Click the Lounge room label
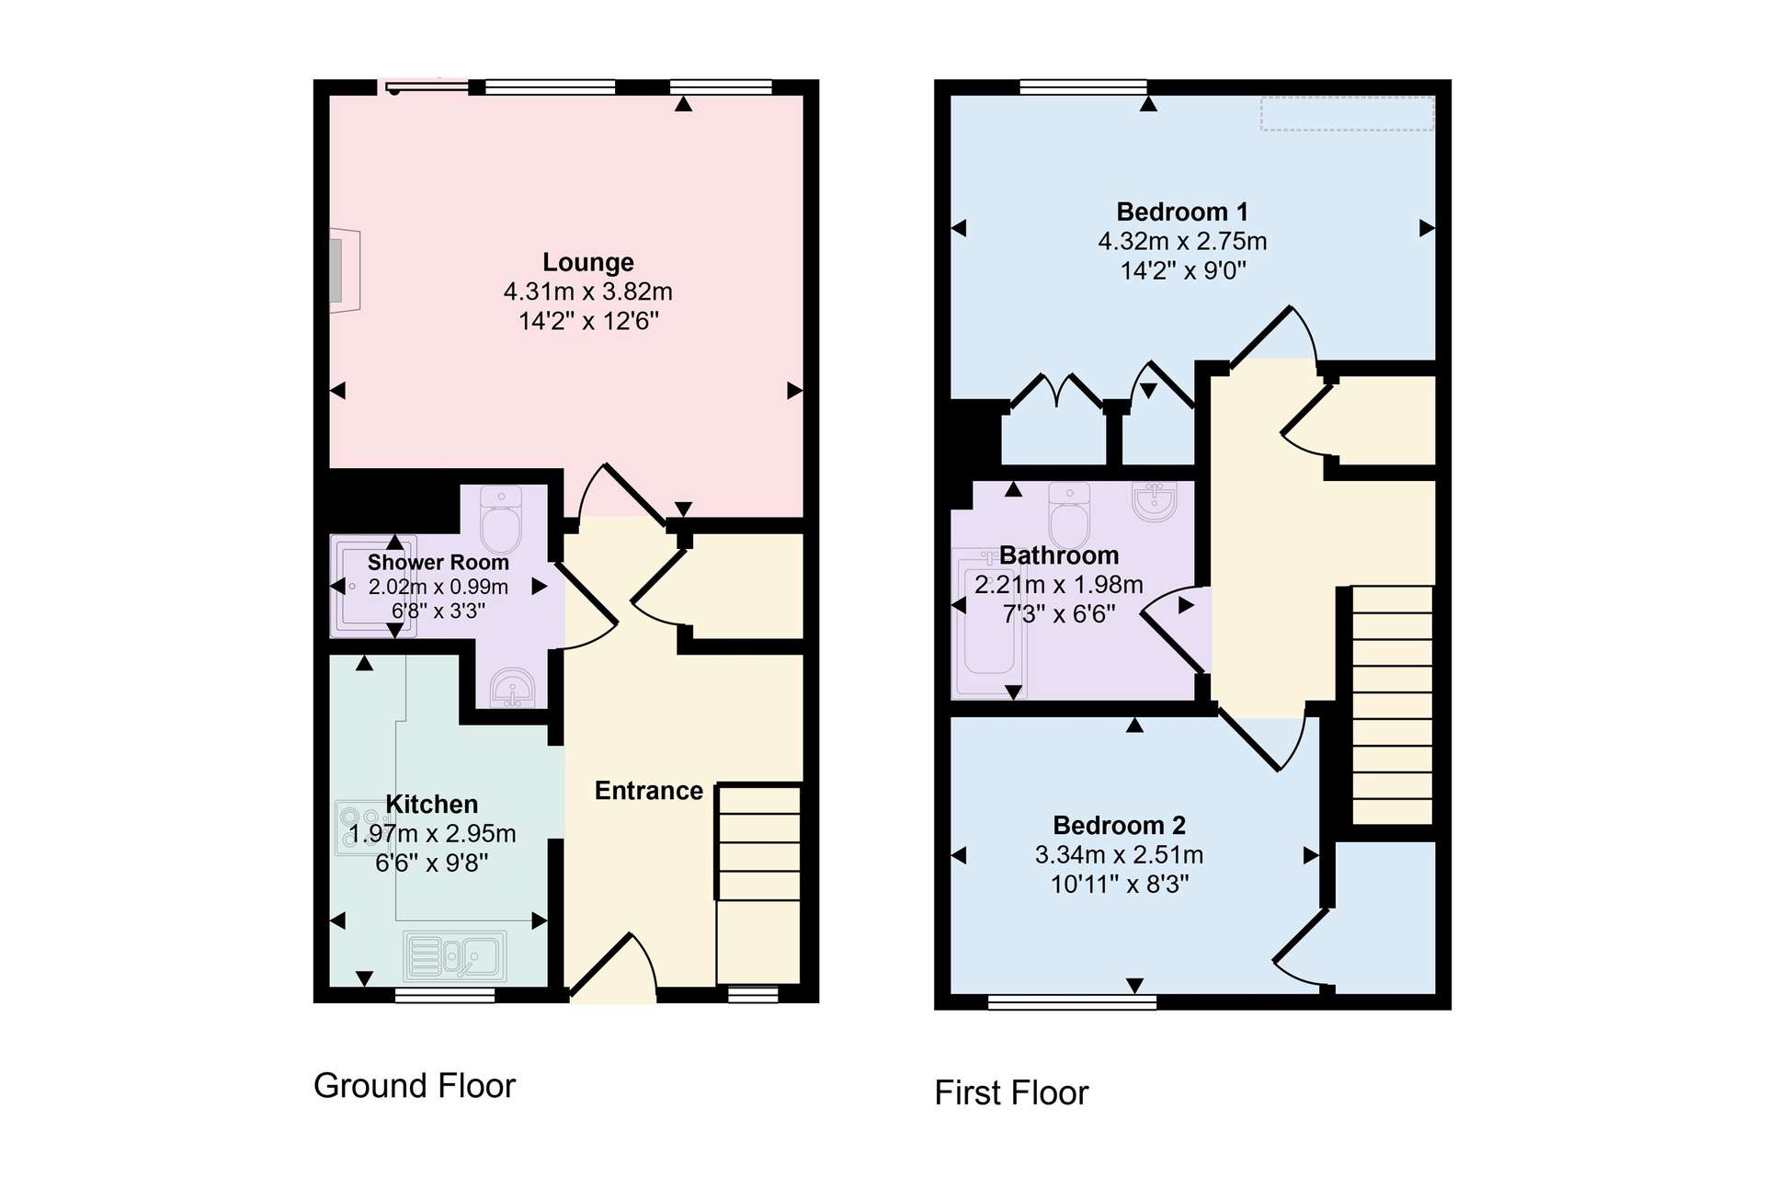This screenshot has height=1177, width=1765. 588,262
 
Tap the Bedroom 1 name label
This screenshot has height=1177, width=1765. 1182,211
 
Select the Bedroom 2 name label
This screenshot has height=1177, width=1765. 1119,825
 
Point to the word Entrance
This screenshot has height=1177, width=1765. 648,791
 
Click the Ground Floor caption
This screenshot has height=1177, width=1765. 415,1086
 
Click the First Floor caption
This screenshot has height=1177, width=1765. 1011,1093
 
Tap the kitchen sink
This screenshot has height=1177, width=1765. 455,955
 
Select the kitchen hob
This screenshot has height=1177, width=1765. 360,828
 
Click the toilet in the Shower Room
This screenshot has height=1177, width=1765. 501,520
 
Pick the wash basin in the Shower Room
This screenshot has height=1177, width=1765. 513,689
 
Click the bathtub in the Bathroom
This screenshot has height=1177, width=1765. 989,623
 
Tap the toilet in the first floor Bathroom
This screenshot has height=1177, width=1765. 1069,515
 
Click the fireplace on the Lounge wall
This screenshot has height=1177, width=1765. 345,270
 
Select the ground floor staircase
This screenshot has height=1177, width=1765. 759,884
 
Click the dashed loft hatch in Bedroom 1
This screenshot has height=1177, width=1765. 1347,114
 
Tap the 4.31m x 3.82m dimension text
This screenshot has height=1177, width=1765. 588,291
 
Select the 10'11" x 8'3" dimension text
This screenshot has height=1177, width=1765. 1120,884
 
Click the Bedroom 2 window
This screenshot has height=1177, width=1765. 1072,1002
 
